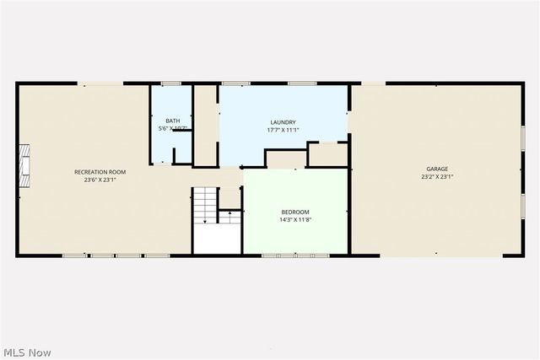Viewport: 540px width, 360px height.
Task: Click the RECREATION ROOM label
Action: point(105,171)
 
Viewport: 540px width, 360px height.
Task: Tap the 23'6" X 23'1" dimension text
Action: point(100,179)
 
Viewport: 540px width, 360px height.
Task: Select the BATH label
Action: point(172,121)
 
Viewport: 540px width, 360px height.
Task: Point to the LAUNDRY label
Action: point(283,122)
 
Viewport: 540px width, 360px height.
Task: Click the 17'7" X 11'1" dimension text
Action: point(283,130)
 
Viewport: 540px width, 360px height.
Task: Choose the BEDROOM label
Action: point(295,212)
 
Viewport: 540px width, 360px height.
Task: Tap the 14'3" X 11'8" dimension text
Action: point(295,219)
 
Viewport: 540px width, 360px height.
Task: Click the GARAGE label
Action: point(436,169)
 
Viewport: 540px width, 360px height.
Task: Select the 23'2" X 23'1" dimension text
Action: point(438,177)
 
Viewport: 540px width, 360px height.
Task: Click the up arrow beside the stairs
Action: point(229,217)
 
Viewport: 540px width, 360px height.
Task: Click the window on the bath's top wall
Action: point(171,83)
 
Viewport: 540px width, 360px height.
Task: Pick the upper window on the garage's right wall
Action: point(522,137)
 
